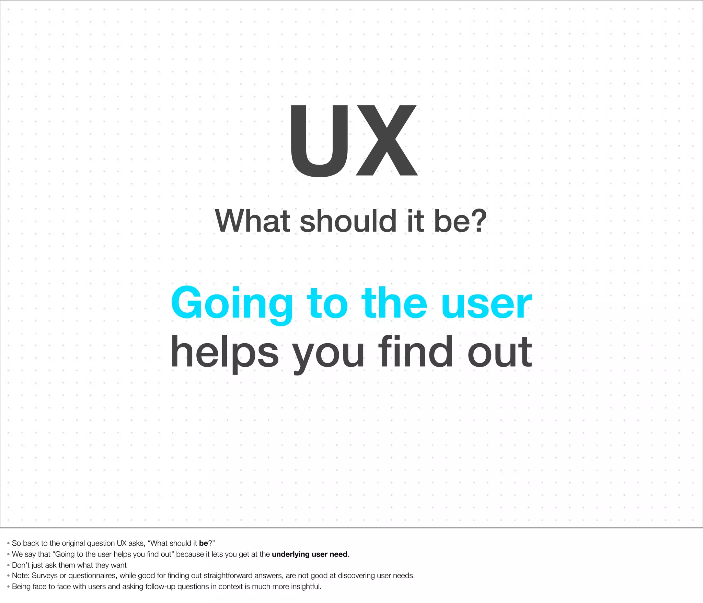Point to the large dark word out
[x=500, y=353]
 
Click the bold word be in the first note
[x=204, y=543]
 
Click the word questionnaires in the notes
[x=92, y=576]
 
